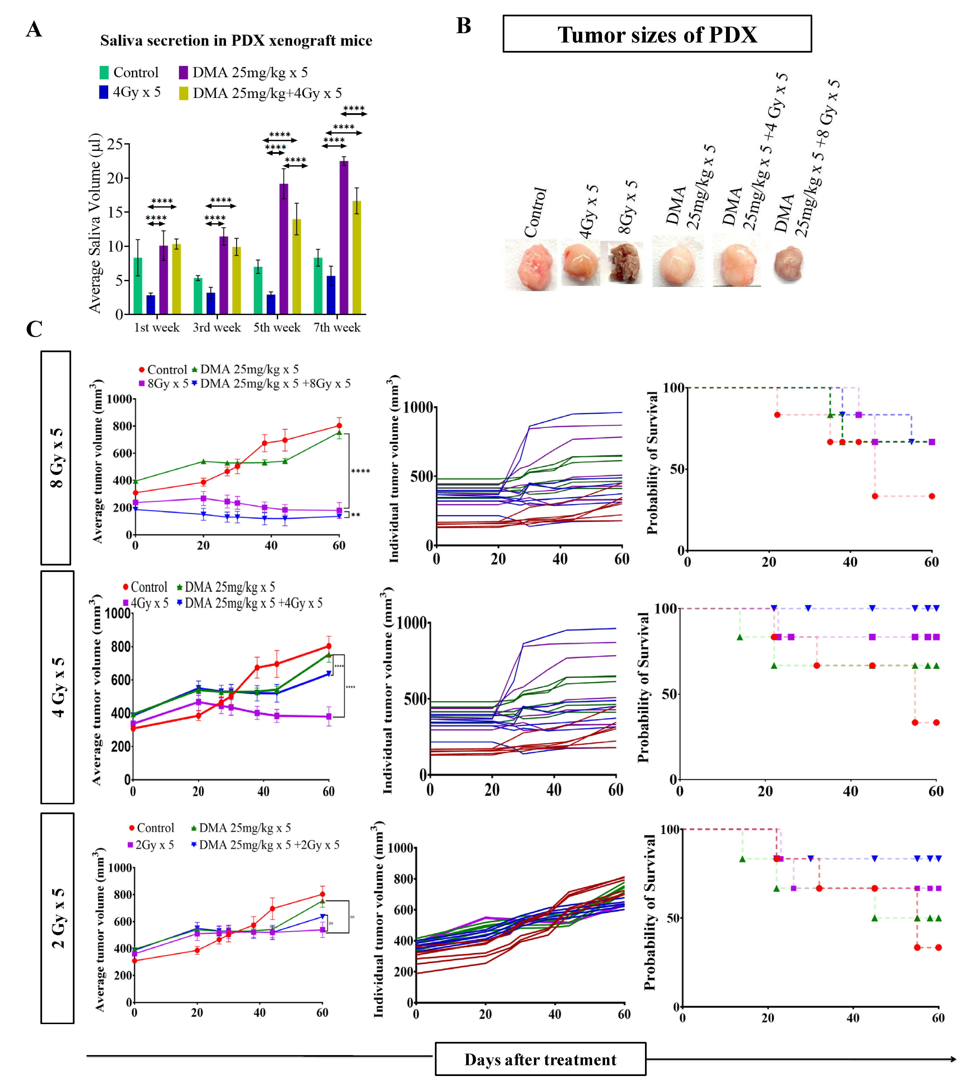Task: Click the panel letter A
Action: pos(34,29)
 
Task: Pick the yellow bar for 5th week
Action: pos(296,266)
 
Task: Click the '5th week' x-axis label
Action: pos(277,327)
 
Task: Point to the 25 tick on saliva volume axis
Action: pos(115,144)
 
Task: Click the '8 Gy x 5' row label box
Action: pos(56,457)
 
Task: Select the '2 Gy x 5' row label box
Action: pos(57,918)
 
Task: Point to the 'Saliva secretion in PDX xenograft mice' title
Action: pos(236,41)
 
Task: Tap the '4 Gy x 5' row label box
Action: pos(57,687)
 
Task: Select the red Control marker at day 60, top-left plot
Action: pos(339,425)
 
